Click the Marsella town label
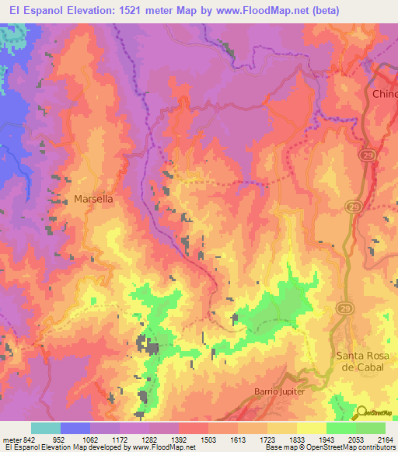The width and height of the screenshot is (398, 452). [x=93, y=199]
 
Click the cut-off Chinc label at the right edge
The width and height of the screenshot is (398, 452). [x=385, y=94]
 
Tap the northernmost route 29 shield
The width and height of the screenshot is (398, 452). [x=365, y=155]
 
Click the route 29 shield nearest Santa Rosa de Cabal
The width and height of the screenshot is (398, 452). [x=343, y=309]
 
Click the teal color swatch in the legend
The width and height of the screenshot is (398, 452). [x=46, y=428]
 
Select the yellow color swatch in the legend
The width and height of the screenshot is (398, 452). [x=311, y=428]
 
